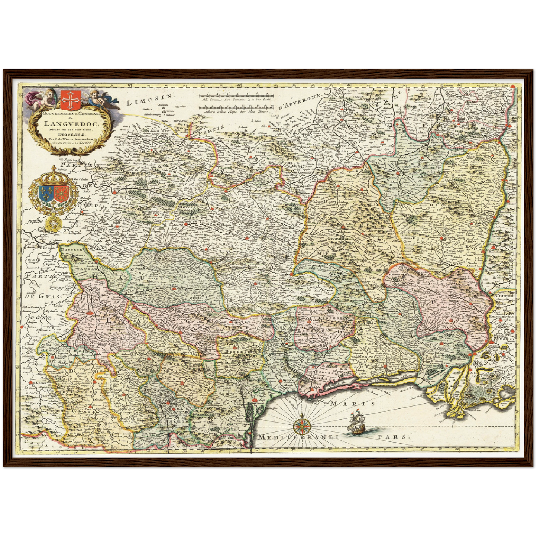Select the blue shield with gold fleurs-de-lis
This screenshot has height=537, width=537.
point(45,193)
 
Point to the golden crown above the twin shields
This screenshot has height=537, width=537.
point(54,175)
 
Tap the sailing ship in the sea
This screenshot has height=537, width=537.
point(356,423)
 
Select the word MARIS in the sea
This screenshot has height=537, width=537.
point(353,404)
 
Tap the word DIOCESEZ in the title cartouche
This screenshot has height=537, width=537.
point(69,135)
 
